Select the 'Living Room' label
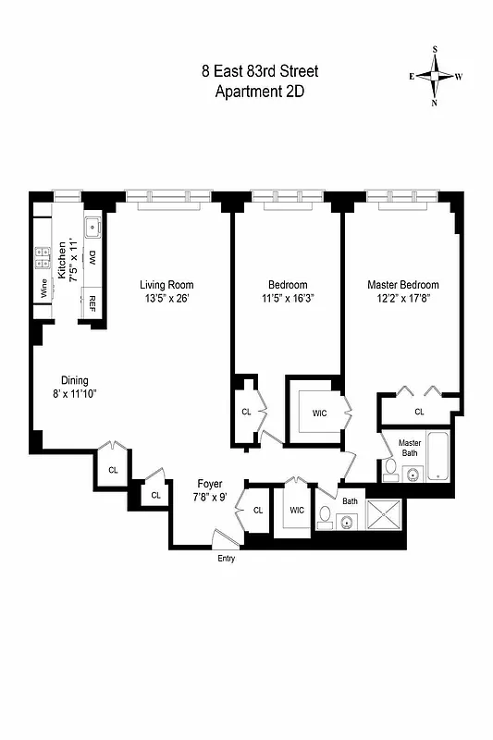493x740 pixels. tap(166, 285)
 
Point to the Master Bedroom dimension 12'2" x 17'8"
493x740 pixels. tap(403, 299)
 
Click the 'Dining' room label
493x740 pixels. tap(75, 380)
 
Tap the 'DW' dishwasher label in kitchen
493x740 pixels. tap(92, 257)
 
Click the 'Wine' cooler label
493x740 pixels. tap(43, 289)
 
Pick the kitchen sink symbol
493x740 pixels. tap(92, 227)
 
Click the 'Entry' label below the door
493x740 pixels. tap(227, 558)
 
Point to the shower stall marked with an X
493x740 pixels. tap(385, 513)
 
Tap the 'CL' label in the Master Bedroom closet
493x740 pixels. tap(419, 412)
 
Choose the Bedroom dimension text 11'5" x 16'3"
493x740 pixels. tap(288, 299)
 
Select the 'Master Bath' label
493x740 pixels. tap(410, 447)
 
